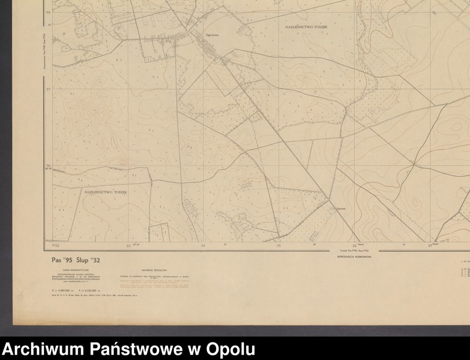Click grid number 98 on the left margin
click(48, 12)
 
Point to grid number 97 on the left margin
click(48, 89)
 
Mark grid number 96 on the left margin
click(48, 166)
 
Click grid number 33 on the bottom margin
click(128, 246)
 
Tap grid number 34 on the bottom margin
click(203, 246)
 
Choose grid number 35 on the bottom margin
click(278, 246)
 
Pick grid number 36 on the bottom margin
click(354, 246)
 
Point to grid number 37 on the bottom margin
click(430, 246)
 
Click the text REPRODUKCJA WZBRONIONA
click(352, 257)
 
